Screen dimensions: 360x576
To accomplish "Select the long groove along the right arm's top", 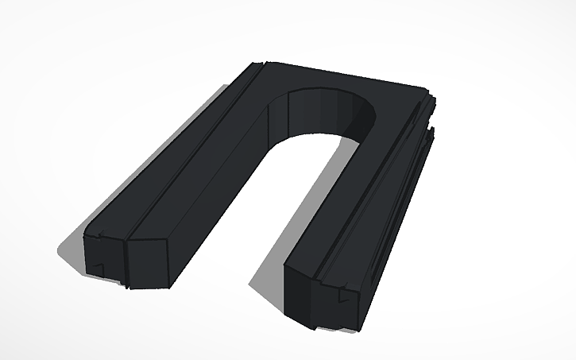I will (x=373, y=199).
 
